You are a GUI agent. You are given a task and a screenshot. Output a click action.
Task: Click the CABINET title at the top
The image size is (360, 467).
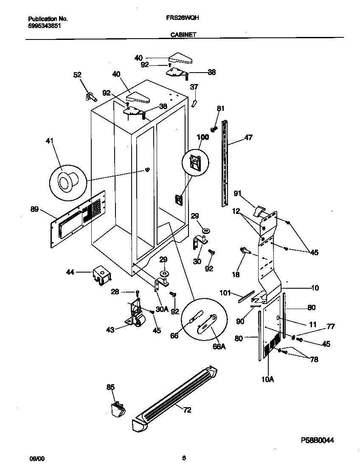click(183, 35)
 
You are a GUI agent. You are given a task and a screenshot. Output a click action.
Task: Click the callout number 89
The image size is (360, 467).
click(35, 208)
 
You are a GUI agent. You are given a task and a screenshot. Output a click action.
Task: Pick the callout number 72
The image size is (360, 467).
click(187, 410)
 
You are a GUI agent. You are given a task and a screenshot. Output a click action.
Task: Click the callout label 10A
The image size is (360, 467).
click(267, 380)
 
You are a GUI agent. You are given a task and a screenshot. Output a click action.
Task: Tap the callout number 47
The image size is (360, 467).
click(248, 137)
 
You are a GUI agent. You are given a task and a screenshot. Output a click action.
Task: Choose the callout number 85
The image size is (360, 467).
click(110, 387)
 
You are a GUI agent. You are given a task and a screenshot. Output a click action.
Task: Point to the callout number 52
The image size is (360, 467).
click(77, 75)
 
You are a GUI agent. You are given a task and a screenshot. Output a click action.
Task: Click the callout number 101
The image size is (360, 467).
click(225, 293)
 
